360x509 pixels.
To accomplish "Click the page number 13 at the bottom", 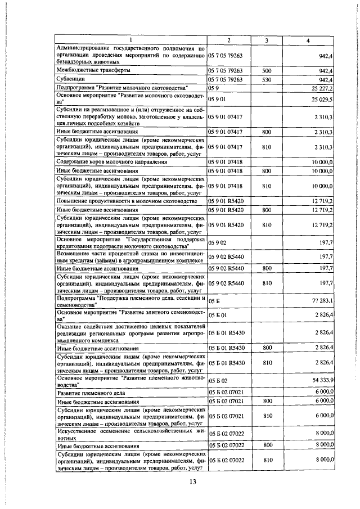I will coord(192,481).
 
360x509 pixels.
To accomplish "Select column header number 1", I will coord(130,40).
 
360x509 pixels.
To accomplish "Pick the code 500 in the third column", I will coord(267,71).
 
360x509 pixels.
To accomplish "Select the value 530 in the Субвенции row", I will coord(267,80).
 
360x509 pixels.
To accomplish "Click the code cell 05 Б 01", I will coord(217,316).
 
